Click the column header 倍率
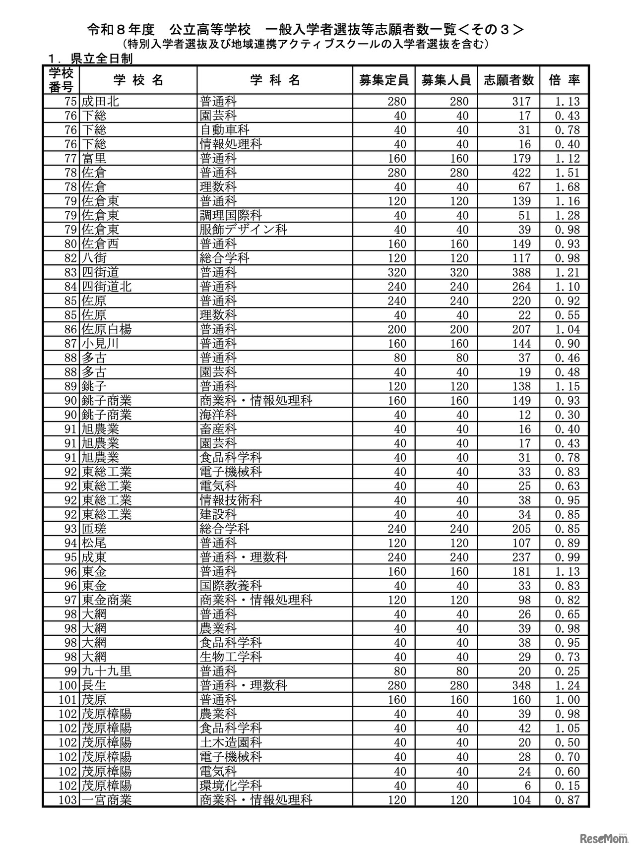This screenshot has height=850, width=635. click(565, 80)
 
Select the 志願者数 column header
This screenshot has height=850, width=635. click(508, 80)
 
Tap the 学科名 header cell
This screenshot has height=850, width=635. click(275, 80)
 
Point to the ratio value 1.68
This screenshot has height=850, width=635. click(567, 187)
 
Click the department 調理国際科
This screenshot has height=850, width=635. click(231, 216)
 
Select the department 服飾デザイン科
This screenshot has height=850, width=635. click(243, 230)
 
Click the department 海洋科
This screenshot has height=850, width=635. click(218, 415)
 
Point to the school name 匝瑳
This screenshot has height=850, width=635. click(94, 529)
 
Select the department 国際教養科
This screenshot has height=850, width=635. click(231, 586)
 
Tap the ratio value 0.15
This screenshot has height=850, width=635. click(567, 786)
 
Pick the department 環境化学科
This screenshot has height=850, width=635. click(231, 786)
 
